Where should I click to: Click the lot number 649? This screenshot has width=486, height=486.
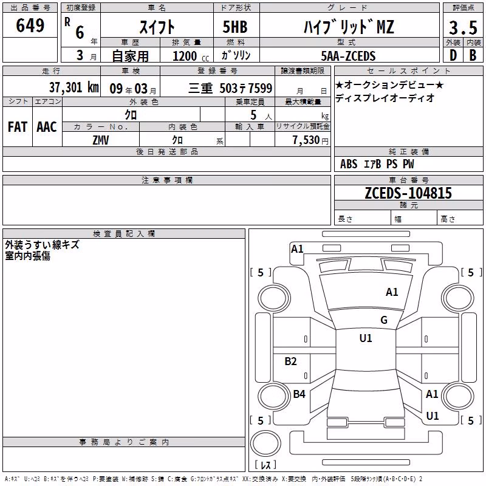30,26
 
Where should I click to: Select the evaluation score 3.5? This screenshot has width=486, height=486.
463,27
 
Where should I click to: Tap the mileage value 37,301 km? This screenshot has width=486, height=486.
74,87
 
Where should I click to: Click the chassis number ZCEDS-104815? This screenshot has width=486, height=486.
408,193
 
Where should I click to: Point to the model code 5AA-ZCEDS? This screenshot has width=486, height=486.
348,56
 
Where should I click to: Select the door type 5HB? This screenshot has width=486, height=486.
235,27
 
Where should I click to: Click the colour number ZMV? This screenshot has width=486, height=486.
101,140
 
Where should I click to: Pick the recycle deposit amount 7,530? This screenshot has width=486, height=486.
306,140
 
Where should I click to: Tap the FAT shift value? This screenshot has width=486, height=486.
18,127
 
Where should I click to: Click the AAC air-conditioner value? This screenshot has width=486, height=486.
47,127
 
